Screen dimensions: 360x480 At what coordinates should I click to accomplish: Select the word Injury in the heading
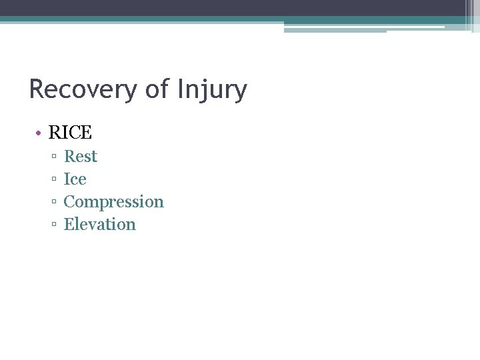[212, 89]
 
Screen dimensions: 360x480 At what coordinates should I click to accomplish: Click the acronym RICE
[70, 133]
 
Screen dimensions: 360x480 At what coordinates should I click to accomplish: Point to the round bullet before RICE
[39, 133]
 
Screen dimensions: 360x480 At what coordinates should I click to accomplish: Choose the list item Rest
[81, 157]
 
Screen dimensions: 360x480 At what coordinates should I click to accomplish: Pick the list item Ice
[75, 179]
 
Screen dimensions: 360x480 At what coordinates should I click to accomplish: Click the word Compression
[113, 202]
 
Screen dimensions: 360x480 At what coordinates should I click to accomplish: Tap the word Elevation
[99, 225]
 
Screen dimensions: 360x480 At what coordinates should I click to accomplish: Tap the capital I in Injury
[181, 89]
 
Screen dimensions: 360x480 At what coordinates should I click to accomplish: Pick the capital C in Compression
[69, 202]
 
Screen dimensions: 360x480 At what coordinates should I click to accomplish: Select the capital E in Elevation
[69, 225]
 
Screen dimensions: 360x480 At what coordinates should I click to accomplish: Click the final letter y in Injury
[241, 92]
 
